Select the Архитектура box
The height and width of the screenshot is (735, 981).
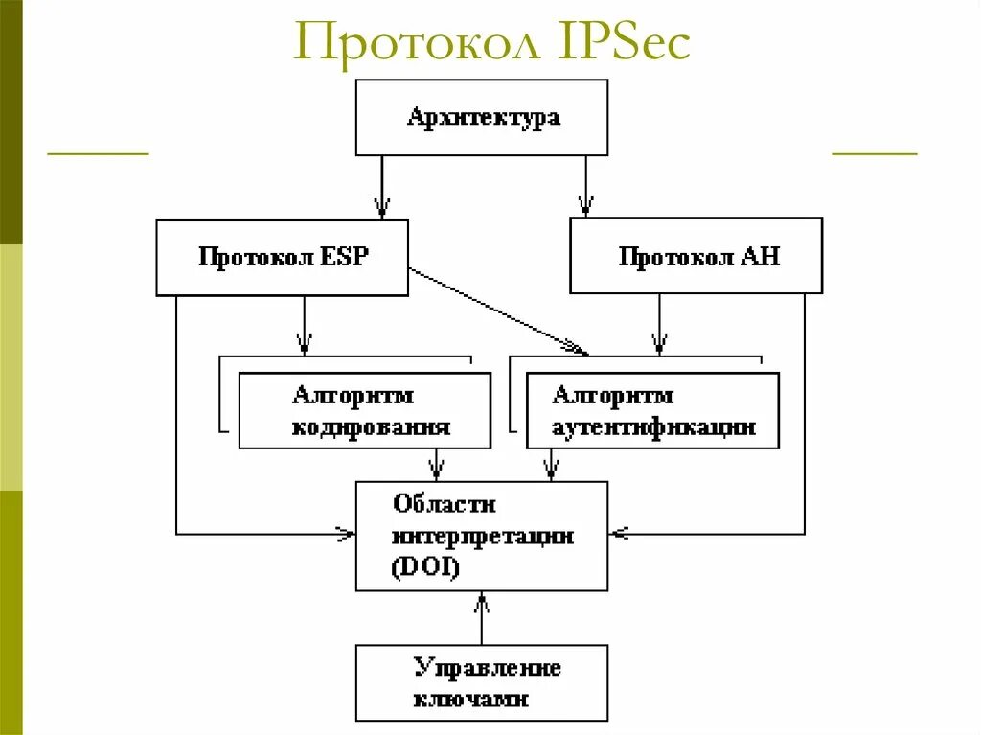[481, 117]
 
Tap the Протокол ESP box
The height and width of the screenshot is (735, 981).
[282, 257]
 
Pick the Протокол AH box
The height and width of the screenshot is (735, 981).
[696, 257]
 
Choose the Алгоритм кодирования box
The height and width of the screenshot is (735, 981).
[364, 410]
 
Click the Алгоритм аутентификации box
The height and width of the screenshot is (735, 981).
[652, 410]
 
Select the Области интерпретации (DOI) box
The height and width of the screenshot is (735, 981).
[481, 536]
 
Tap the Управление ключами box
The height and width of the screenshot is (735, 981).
[481, 682]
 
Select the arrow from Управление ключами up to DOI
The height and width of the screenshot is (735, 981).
[481, 617]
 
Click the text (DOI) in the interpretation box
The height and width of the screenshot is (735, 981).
[425, 567]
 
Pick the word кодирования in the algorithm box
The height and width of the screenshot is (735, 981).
[371, 426]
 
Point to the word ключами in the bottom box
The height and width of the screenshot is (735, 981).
[471, 698]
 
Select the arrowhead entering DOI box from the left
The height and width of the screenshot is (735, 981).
[345, 533]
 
